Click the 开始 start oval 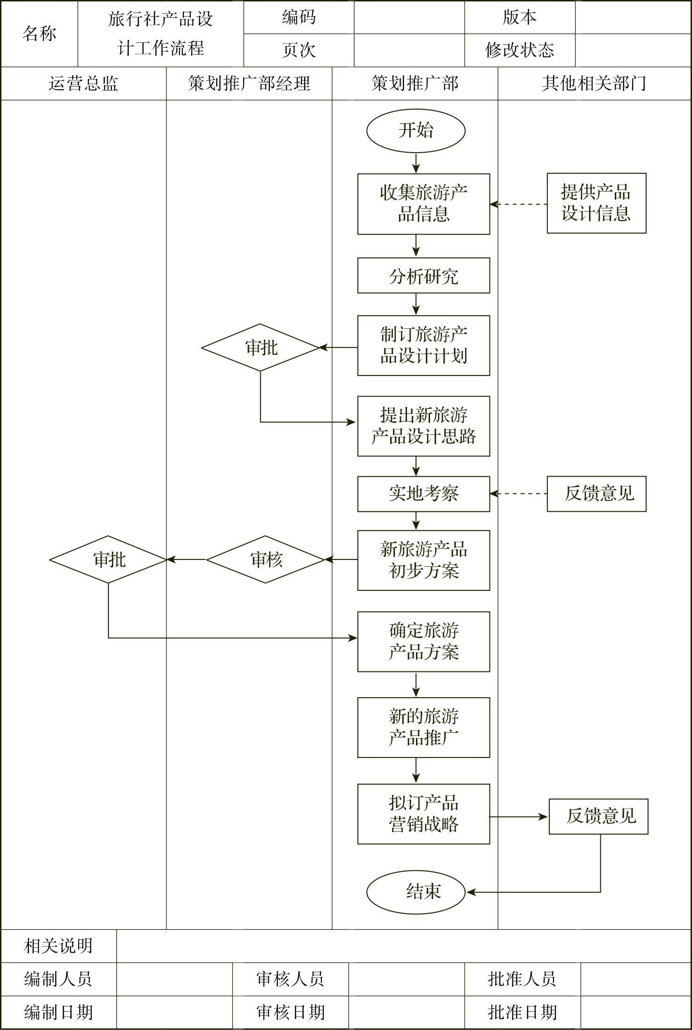click(x=415, y=131)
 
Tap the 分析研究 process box click(x=423, y=276)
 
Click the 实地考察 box click(x=423, y=494)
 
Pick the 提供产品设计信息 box click(x=596, y=203)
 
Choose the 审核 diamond click(x=265, y=559)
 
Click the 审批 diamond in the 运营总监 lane click(x=108, y=559)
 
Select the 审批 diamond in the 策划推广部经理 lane click(x=260, y=347)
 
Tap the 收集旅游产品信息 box click(x=423, y=204)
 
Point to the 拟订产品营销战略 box click(x=423, y=814)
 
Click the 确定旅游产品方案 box click(x=423, y=641)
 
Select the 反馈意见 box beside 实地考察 click(x=596, y=494)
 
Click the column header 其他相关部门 click(x=594, y=84)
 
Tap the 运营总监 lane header click(x=83, y=84)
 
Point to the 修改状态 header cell click(x=519, y=50)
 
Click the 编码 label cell click(x=299, y=17)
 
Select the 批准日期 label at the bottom click(x=522, y=1012)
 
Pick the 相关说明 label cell click(x=58, y=946)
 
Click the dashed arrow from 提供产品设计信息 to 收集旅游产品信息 click(x=518, y=204)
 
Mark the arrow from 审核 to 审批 click(x=187, y=559)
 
